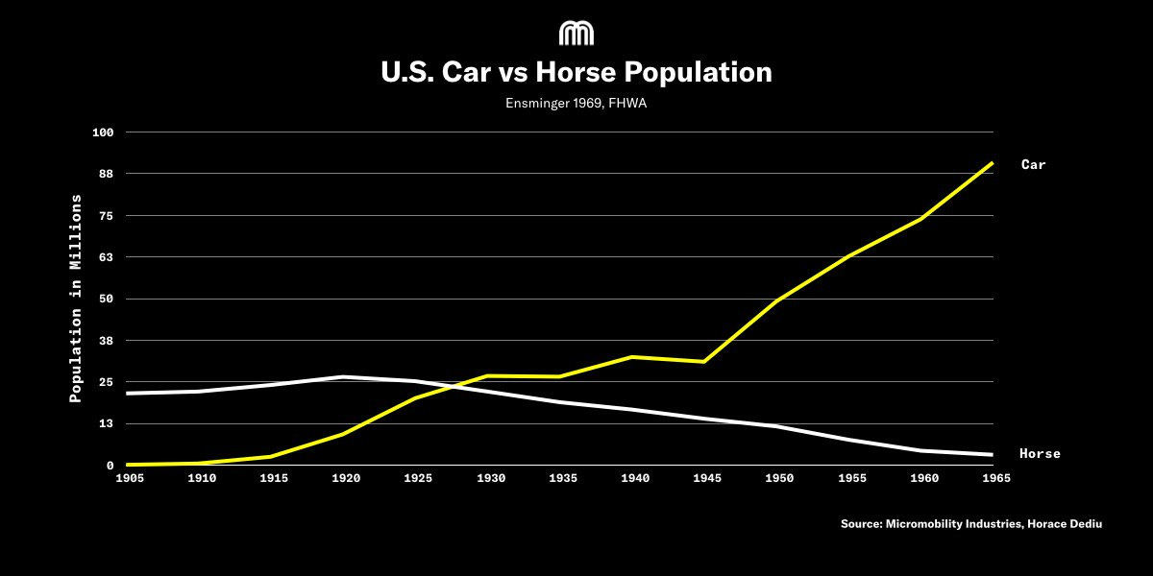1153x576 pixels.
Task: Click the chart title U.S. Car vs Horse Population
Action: [576, 73]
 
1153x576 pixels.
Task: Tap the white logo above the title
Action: [576, 34]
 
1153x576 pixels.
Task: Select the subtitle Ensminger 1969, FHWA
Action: [576, 104]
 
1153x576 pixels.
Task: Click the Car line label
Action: [1033, 165]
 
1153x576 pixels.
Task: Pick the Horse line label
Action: [1040, 454]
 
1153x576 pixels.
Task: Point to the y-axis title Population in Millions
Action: [76, 298]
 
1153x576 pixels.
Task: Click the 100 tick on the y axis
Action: [103, 132]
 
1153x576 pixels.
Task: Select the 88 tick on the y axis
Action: [106, 174]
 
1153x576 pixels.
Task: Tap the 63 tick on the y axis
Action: [106, 257]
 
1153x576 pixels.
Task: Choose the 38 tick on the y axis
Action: [106, 341]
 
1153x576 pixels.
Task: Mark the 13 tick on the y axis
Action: [106, 423]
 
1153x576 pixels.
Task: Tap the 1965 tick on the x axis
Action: [993, 477]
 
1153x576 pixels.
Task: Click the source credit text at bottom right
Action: [971, 524]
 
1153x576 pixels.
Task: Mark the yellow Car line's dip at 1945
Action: [704, 361]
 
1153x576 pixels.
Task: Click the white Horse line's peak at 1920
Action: [344, 376]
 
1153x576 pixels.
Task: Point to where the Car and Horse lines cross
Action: [451, 386]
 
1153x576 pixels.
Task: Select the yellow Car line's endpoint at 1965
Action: [993, 163]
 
